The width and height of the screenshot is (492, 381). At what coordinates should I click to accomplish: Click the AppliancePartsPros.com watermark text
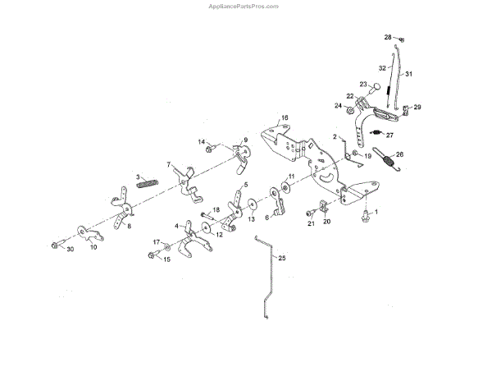click(245, 5)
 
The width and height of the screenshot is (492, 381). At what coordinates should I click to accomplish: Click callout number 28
click(388, 37)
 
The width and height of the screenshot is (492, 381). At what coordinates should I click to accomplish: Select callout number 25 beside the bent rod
click(283, 259)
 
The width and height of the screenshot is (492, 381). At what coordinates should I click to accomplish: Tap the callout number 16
click(285, 118)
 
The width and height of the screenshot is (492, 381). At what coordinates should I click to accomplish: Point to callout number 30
click(70, 249)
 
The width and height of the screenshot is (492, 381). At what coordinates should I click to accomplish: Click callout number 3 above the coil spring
click(139, 177)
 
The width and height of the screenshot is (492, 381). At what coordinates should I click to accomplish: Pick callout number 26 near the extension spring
click(399, 154)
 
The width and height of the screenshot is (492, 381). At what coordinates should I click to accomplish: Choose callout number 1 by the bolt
click(376, 213)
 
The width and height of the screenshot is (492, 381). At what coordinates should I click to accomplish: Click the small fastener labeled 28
click(399, 39)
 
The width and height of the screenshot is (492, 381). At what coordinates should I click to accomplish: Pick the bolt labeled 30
click(55, 245)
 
